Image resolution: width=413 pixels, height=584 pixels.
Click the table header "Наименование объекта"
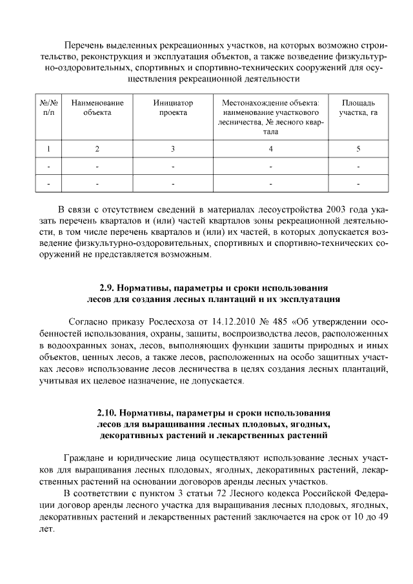click(97, 108)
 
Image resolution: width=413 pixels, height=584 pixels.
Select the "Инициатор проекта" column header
click(173, 108)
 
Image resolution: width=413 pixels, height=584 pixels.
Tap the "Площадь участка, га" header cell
click(358, 108)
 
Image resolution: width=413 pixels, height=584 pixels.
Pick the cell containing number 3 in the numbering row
click(173, 149)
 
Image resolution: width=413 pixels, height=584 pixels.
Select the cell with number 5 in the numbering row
click(358, 149)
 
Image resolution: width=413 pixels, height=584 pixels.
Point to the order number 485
click(280, 321)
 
